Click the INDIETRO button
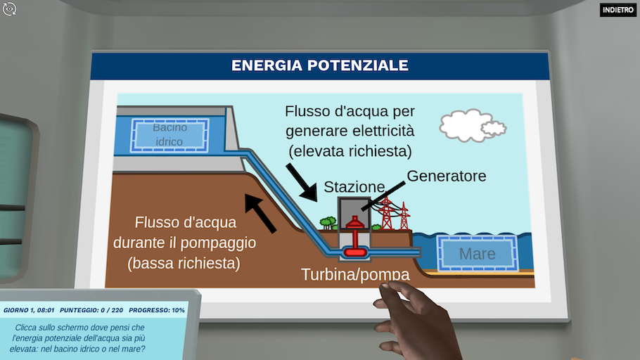[618, 10]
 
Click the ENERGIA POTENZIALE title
[319, 65]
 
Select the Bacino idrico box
[169, 136]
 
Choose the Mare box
[477, 253]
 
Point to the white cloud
[472, 126]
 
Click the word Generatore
[447, 176]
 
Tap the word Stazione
[354, 187]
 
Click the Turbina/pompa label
[355, 274]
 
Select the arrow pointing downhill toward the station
[302, 182]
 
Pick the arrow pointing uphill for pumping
[260, 214]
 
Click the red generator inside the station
[355, 222]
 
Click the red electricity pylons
[392, 214]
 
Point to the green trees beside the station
[328, 223]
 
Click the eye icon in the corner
[9, 9]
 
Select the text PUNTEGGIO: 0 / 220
[91, 310]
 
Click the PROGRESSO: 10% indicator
[157, 310]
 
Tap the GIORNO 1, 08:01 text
[29, 310]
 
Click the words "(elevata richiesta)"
[350, 151]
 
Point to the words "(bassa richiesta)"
[184, 263]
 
